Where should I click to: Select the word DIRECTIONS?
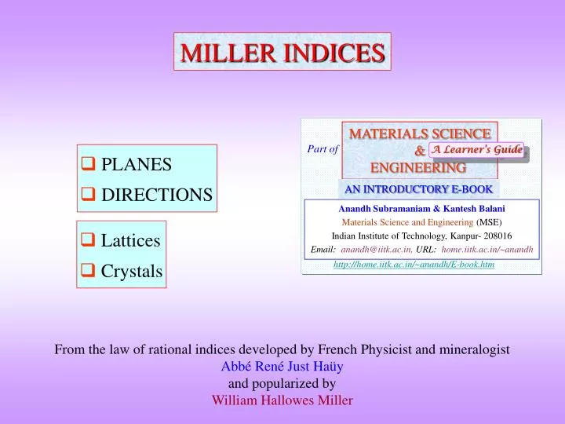(x=157, y=194)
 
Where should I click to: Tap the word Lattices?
(x=131, y=240)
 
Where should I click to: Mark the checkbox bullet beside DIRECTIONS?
(x=89, y=194)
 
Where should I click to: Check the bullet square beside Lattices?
(x=89, y=239)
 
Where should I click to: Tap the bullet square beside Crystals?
(x=89, y=271)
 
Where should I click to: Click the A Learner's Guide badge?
(x=476, y=150)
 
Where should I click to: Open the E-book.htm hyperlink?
(x=414, y=265)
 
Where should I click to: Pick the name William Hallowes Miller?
(x=282, y=400)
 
